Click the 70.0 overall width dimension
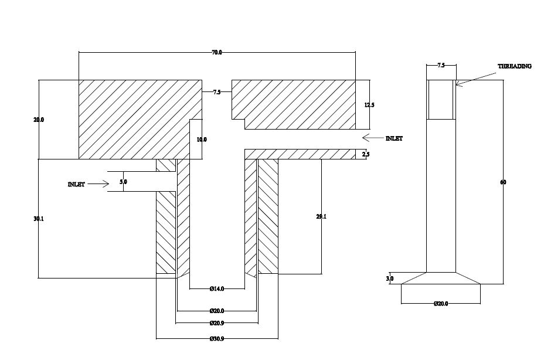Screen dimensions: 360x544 217,53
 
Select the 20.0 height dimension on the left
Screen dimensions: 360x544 39,120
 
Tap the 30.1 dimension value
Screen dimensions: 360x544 39,219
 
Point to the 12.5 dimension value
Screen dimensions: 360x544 369,105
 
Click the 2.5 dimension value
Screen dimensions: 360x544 366,154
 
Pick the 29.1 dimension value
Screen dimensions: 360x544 321,216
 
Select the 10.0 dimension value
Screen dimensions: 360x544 202,140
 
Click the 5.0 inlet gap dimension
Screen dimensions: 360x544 123,182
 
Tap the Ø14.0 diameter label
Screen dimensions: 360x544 217,288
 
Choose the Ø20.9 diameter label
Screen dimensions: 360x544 217,323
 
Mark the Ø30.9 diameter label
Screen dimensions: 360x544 217,338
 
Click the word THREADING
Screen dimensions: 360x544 515,66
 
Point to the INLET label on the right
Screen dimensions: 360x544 394,138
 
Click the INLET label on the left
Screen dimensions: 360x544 76,184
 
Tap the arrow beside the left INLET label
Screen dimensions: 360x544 99,184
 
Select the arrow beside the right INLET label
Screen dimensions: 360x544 372,138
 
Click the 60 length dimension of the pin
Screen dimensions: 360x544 503,182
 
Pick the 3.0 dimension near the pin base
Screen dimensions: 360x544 390,279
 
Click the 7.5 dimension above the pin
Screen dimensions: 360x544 440,66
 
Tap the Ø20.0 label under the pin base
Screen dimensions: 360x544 441,304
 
